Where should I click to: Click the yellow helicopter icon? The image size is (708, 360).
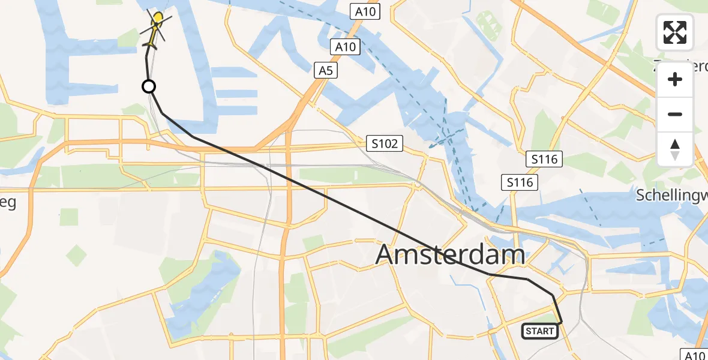155,29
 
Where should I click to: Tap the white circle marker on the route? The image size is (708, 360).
149,87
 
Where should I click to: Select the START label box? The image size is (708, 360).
539,331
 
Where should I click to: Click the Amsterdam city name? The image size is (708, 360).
450,255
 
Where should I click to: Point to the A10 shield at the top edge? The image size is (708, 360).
365,11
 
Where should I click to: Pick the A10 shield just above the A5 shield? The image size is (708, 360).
346,47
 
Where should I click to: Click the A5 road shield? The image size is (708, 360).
325,71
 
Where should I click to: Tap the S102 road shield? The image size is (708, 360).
385,143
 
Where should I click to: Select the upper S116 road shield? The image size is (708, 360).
544,160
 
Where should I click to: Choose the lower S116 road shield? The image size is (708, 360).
520,182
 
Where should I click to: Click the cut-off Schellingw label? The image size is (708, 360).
672,195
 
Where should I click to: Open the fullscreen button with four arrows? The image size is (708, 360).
675,32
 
